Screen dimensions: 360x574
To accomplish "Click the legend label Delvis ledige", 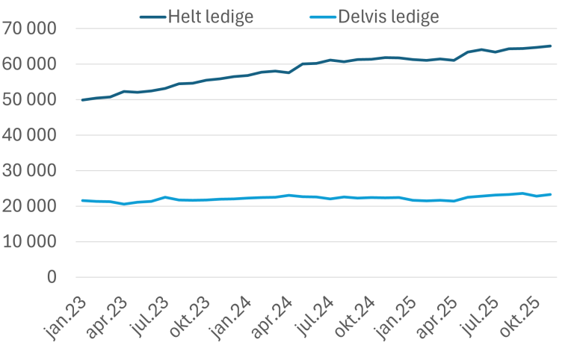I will point(389,16).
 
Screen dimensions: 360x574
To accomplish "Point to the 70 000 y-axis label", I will point(30,29).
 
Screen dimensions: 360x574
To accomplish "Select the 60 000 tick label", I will point(30,64).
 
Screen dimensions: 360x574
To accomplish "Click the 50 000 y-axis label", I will point(30,100).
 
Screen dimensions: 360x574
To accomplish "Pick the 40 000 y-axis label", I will point(30,135).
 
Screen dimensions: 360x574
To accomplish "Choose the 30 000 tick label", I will point(30,171).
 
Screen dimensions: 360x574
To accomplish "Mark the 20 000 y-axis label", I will point(30,206).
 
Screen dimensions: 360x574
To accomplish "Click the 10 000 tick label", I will point(30,242).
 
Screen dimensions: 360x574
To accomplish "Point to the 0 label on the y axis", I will point(52,277).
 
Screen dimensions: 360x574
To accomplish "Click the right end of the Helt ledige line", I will point(551,46).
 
